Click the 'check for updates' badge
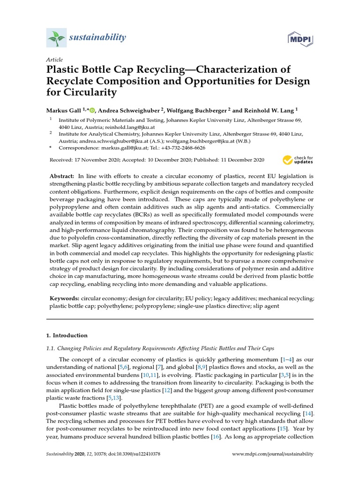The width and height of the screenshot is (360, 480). (298, 160)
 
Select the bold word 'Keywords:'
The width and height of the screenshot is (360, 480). (65, 298)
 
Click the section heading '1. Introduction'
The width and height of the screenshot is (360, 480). (67, 336)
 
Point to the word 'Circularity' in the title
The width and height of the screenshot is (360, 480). (88, 93)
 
